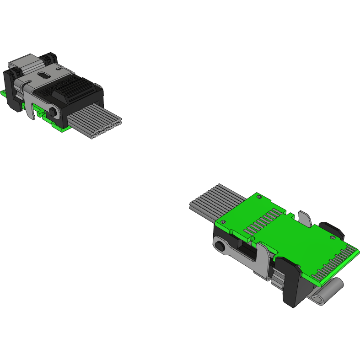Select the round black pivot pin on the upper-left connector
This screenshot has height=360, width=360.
[x=54, y=112]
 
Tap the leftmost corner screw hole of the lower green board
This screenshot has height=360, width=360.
[x=221, y=221]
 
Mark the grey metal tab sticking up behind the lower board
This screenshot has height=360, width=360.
[x=305, y=218]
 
